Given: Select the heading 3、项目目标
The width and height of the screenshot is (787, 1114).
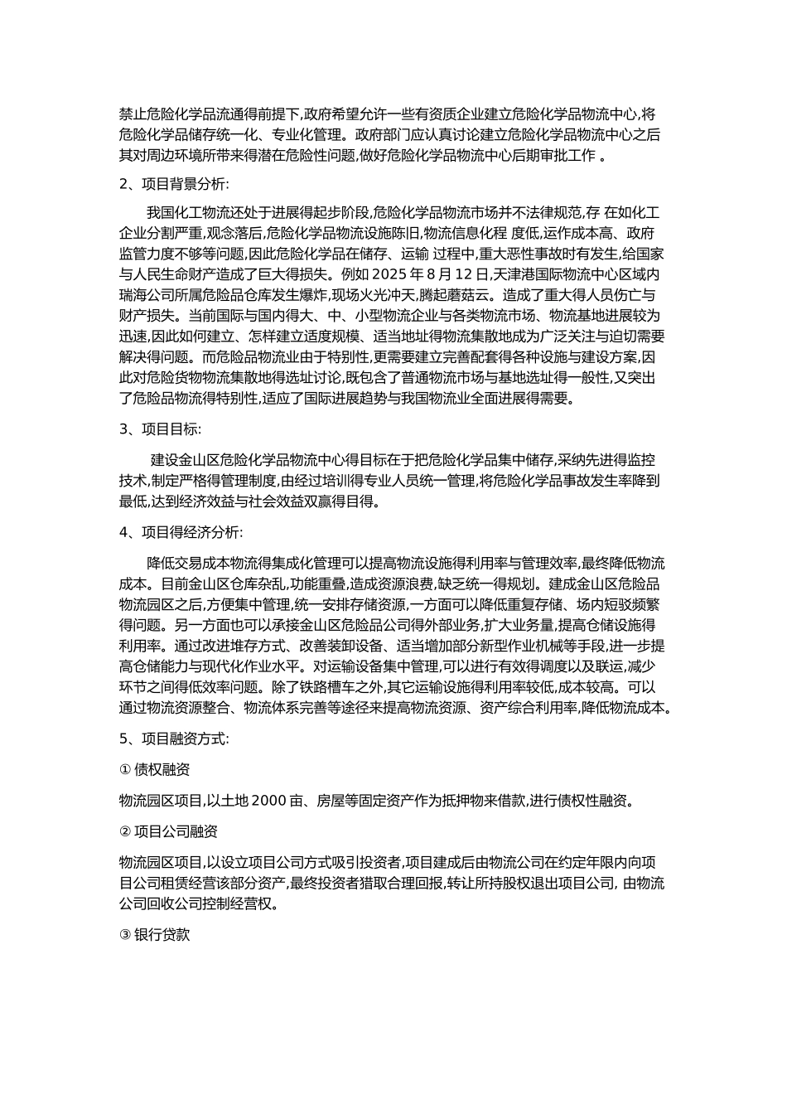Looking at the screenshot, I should pos(160,429).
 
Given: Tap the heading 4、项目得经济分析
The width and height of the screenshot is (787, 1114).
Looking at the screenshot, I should pos(181,532).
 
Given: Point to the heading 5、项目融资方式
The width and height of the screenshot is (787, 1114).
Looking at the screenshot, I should pos(175,738).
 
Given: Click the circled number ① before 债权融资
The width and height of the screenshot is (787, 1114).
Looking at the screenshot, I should pos(126,769).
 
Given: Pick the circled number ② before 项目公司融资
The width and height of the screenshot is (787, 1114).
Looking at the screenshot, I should pos(126,831).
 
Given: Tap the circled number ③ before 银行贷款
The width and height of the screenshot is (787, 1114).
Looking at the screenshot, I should pos(126,935).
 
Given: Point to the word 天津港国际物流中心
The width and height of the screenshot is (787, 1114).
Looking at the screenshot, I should pos(563,274).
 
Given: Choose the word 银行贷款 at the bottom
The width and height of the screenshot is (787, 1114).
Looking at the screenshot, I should pos(162,935).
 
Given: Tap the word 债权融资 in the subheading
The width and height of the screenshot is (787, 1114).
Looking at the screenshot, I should pos(162,769).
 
